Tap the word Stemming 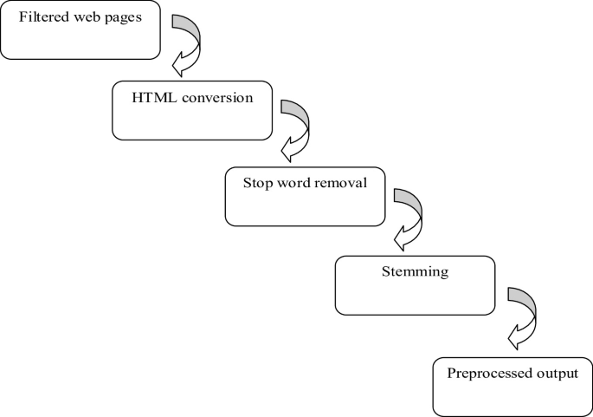click(x=415, y=271)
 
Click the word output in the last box click(x=555, y=374)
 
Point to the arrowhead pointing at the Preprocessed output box click(x=513, y=336)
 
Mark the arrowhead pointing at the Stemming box click(x=401, y=236)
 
